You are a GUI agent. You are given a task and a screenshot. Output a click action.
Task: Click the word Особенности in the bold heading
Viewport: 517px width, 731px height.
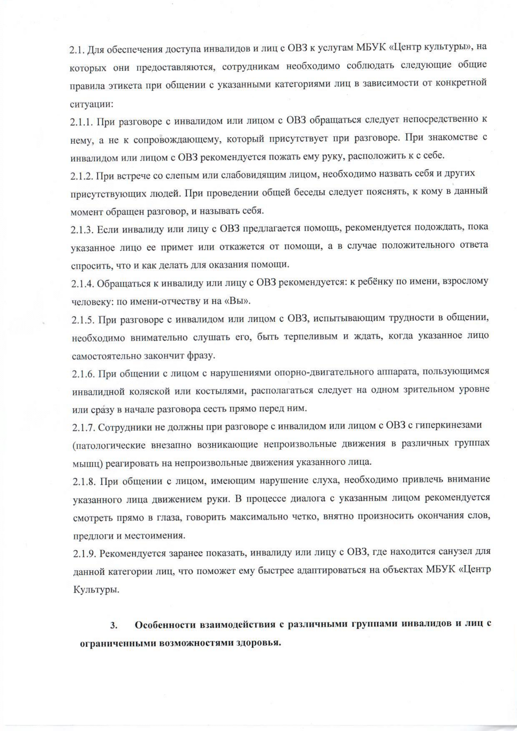click(x=165, y=625)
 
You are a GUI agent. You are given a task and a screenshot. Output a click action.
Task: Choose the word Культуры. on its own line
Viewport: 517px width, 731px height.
click(x=97, y=590)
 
